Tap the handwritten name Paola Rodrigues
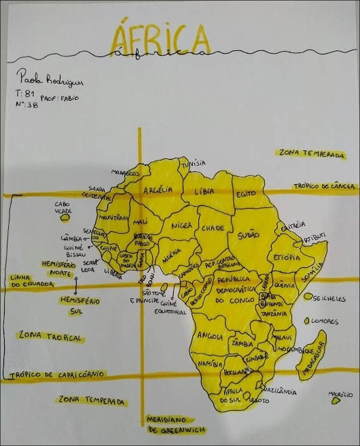[49, 79]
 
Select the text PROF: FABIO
[59, 98]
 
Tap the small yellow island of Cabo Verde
[65, 218]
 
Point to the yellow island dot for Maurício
[335, 401]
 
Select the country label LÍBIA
[204, 191]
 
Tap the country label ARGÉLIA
[158, 190]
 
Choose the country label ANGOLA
[209, 336]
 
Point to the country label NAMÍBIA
[210, 364]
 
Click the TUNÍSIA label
[195, 163]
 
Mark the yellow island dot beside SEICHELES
[308, 296]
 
